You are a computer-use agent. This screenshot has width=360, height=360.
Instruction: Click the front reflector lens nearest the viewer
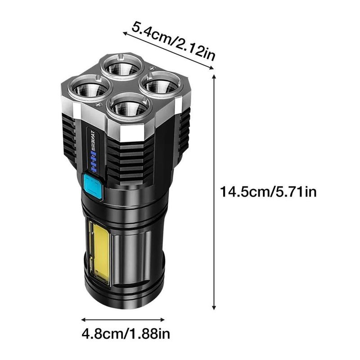pyautogui.click(x=130, y=108)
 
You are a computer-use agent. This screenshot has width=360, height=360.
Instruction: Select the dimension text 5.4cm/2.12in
pyautogui.click(x=173, y=43)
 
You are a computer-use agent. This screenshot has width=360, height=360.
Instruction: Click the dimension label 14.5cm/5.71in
pyautogui.click(x=269, y=193)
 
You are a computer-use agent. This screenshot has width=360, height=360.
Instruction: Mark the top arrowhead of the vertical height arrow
pyautogui.click(x=215, y=77)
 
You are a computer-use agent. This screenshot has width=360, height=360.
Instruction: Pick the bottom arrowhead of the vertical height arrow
pyautogui.click(x=215, y=308)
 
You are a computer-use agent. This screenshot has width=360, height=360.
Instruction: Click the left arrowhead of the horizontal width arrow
pyautogui.click(x=83, y=320)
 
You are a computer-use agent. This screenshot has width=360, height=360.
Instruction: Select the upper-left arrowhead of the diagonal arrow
pyautogui.click(x=124, y=32)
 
